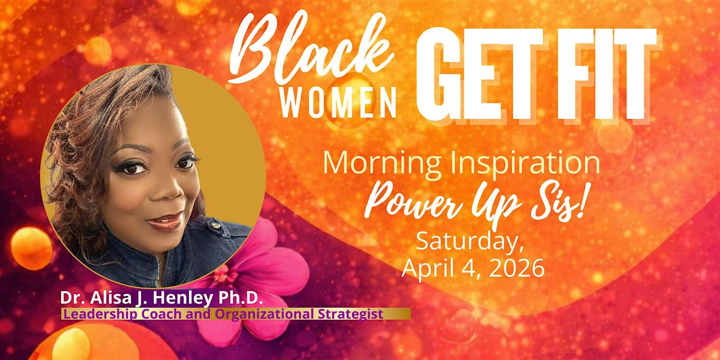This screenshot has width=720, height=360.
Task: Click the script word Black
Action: coord(312,48)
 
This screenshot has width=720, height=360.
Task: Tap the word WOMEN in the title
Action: coord(338,103)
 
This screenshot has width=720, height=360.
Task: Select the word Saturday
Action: coord(470,242)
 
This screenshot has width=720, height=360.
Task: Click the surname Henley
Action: coord(182,298)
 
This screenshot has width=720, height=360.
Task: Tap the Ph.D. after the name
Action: coord(241,298)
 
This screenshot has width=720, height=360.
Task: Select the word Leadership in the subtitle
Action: coord(101,314)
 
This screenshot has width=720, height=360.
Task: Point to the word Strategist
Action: coord(350,314)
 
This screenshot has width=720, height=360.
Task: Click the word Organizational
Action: coord(264,314)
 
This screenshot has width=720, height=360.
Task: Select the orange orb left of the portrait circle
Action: coord(31,248)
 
